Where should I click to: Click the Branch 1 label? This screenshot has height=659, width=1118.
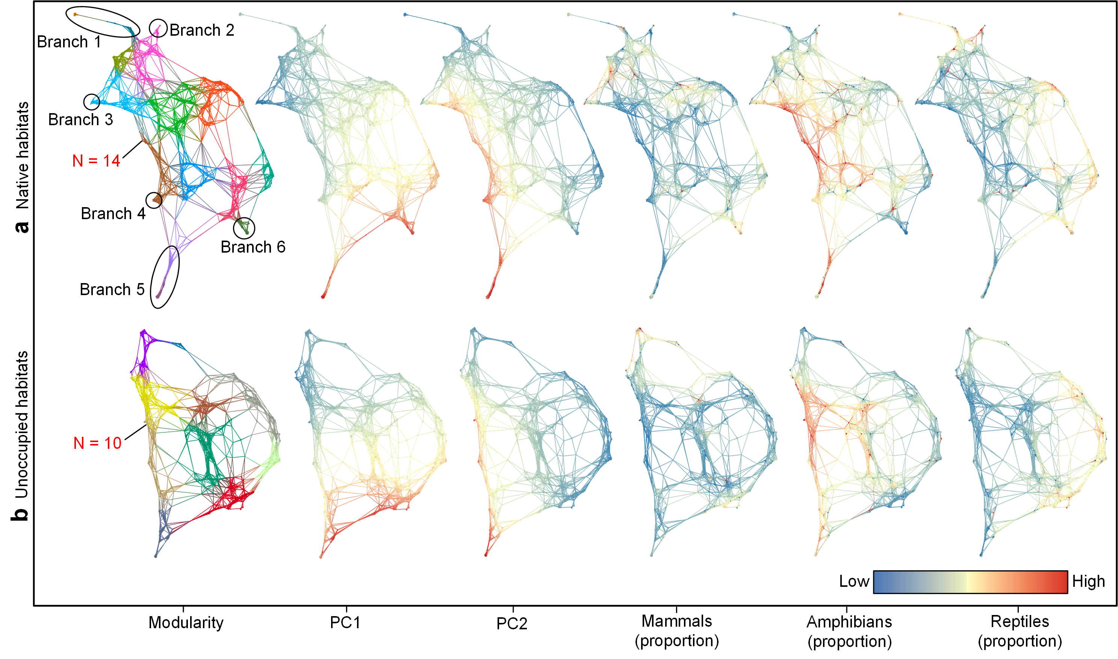(69, 42)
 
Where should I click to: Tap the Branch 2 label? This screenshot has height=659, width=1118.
(201, 30)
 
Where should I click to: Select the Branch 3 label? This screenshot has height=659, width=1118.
(80, 120)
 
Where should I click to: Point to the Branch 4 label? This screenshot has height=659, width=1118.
(113, 214)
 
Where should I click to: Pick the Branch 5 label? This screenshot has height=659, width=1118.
(112, 289)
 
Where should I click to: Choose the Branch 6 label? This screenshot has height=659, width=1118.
(253, 247)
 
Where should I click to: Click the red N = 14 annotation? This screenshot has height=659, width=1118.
(96, 161)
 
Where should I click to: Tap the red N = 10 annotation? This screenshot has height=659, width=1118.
(97, 443)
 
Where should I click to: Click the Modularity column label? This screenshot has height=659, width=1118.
(186, 623)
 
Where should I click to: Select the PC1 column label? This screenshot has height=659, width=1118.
(345, 623)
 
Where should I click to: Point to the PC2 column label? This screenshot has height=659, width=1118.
(511, 623)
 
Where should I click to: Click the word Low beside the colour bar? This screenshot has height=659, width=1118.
(853, 581)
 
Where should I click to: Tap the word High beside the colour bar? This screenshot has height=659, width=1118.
(1088, 581)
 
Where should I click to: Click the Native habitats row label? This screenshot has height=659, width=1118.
(22, 155)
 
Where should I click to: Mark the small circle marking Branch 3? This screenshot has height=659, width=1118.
(91, 102)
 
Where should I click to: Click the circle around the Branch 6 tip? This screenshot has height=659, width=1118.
(244, 228)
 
